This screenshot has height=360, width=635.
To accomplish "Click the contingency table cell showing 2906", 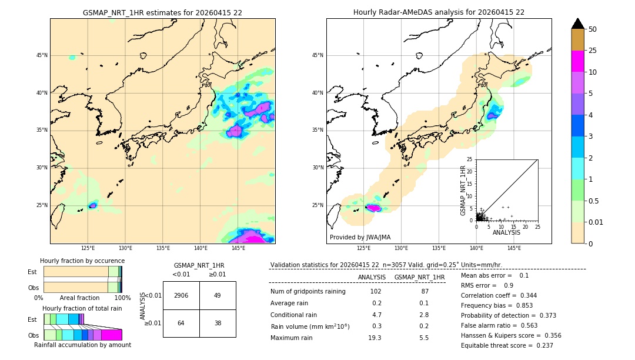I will coord(181,295).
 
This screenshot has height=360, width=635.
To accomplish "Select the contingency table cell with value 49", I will coord(217,295).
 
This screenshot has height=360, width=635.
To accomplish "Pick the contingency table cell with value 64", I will coord(181,323).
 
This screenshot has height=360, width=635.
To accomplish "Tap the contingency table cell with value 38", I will coord(217,323).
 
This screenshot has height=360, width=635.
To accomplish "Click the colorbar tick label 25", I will coord(593,51).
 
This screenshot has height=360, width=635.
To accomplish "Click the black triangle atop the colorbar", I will coord(577,24).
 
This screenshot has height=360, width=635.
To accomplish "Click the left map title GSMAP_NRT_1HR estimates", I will coord(162,12).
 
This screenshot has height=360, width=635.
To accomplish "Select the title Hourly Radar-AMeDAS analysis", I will coord(439,12).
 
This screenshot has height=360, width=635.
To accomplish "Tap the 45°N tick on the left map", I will coord(42,55).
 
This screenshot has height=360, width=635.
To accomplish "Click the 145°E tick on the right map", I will coord(514,248).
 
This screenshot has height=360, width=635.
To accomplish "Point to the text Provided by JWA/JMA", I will coord(360,237).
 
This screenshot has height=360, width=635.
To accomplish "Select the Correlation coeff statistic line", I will coord(499,295).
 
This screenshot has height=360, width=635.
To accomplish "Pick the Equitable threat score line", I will coord(507,345).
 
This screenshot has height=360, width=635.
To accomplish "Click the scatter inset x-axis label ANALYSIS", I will coord(506,233).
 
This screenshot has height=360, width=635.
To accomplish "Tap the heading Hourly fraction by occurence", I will coord(82,261).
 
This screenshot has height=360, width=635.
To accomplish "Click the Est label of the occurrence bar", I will coord(32,272).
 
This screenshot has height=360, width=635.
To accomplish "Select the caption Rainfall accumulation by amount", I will coord(82,345).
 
